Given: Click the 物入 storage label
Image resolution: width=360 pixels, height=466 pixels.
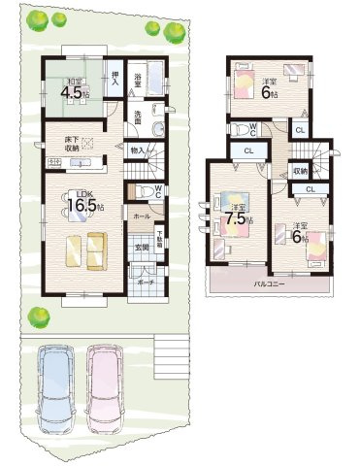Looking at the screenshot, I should point(137,150).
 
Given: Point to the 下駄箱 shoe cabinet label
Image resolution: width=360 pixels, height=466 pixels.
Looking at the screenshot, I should point(159,238).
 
